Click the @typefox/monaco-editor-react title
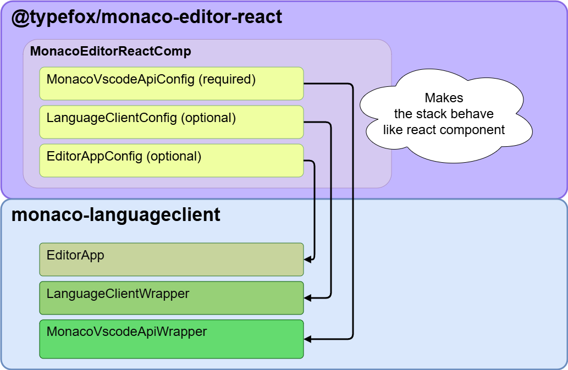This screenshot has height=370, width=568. pyautogui.click(x=147, y=17)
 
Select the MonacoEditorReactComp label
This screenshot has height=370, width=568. pyautogui.click(x=111, y=52)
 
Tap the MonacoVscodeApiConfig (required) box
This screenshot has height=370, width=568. pyautogui.click(x=171, y=84)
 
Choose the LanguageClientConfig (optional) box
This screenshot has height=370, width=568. pyautogui.click(x=171, y=122)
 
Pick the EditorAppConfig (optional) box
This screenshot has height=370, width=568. pyautogui.click(x=171, y=161)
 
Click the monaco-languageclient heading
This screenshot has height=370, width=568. pyautogui.click(x=115, y=214)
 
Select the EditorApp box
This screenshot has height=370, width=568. pyautogui.click(x=171, y=259)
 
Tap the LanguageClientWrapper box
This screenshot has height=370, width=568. pyautogui.click(x=171, y=298)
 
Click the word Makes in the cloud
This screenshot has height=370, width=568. pyautogui.click(x=444, y=98)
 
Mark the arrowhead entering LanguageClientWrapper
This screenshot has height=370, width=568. pyautogui.click(x=308, y=297)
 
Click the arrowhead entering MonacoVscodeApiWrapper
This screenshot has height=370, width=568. pyautogui.click(x=308, y=339)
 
